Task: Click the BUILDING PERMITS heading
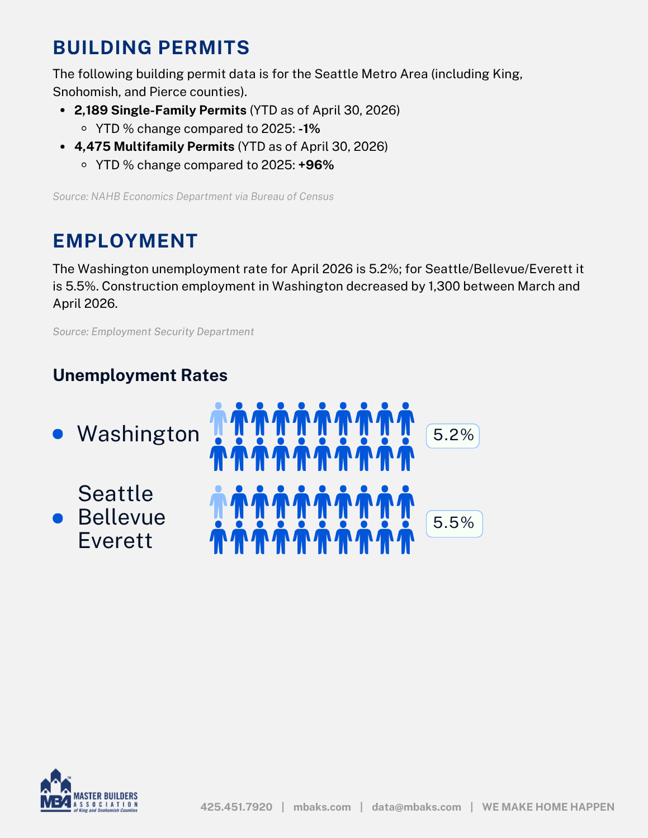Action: [152, 48]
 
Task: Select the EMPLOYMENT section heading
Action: [125, 241]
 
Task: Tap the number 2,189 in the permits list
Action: [91, 110]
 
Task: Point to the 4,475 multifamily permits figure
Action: [93, 146]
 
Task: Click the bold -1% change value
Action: [309, 129]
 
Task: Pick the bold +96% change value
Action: [316, 165]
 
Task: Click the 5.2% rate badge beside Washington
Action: [453, 436]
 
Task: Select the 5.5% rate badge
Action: [454, 523]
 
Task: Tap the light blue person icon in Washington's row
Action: [219, 419]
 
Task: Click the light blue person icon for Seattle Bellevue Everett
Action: [219, 502]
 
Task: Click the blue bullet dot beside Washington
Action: [58, 434]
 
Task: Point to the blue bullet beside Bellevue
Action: [58, 518]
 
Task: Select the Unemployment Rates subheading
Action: [140, 375]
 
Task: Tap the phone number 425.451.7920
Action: [236, 807]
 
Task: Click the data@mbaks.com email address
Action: [417, 807]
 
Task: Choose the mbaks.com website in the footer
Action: [322, 807]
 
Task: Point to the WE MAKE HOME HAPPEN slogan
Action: [548, 807]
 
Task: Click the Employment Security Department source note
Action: [153, 332]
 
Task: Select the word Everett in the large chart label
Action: [115, 540]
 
